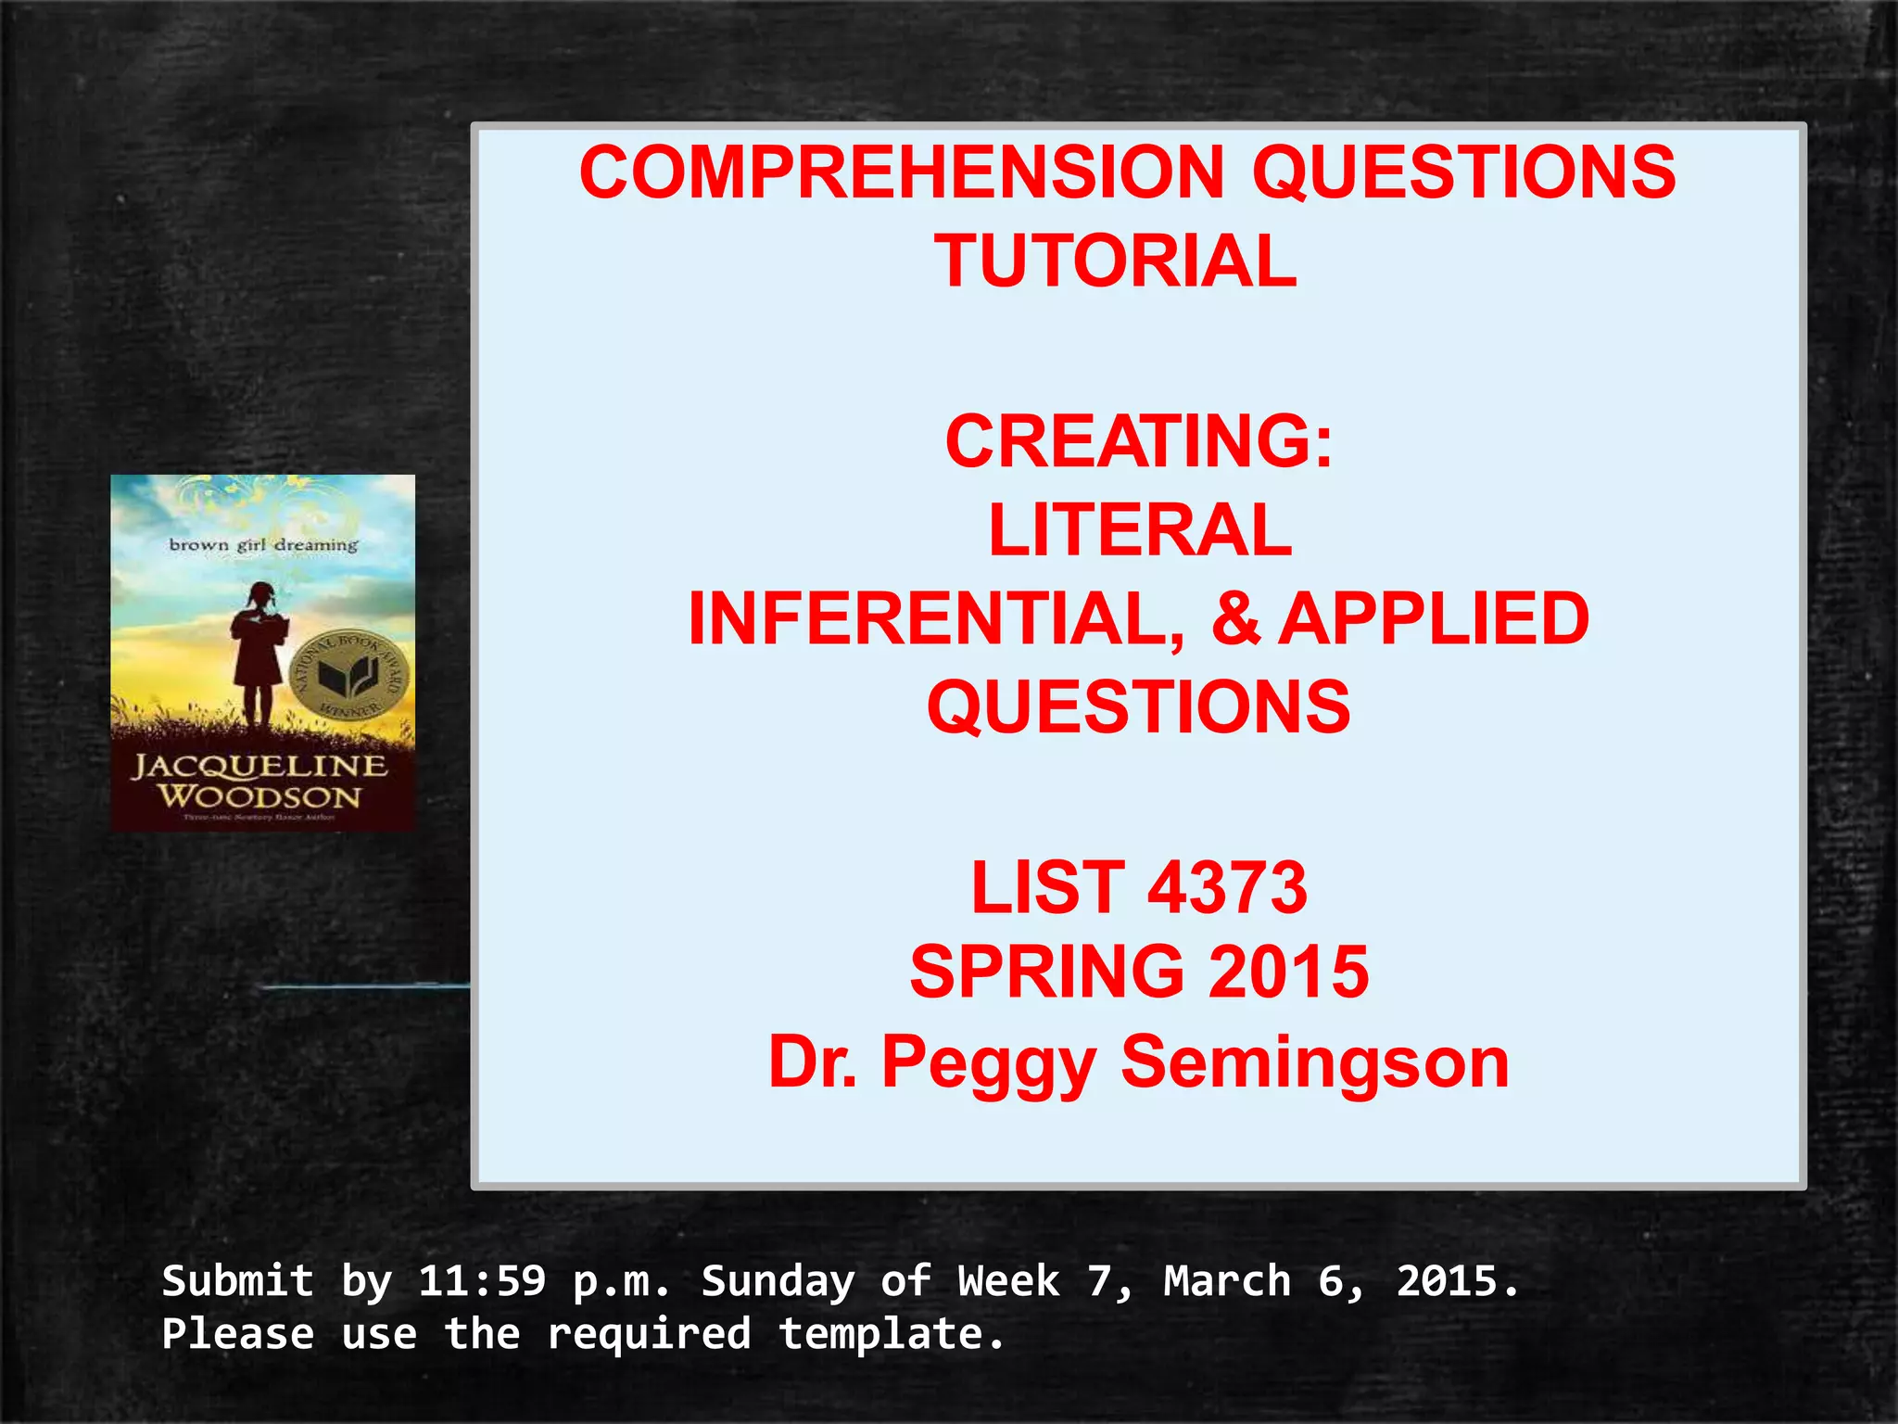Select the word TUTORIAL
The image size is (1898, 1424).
tap(1115, 261)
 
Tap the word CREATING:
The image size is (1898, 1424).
tap(1139, 441)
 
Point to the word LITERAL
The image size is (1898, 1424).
tap(1140, 530)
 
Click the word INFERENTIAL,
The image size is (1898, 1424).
tap(937, 619)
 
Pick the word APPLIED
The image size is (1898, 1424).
tap(1434, 619)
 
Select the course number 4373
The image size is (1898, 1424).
tap(1227, 887)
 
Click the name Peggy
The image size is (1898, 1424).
tap(989, 1064)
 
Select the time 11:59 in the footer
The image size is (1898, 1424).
tap(482, 1281)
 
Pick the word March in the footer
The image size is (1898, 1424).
tap(1227, 1281)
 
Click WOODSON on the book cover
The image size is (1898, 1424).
tap(259, 796)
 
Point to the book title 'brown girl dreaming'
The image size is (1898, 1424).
tap(263, 545)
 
